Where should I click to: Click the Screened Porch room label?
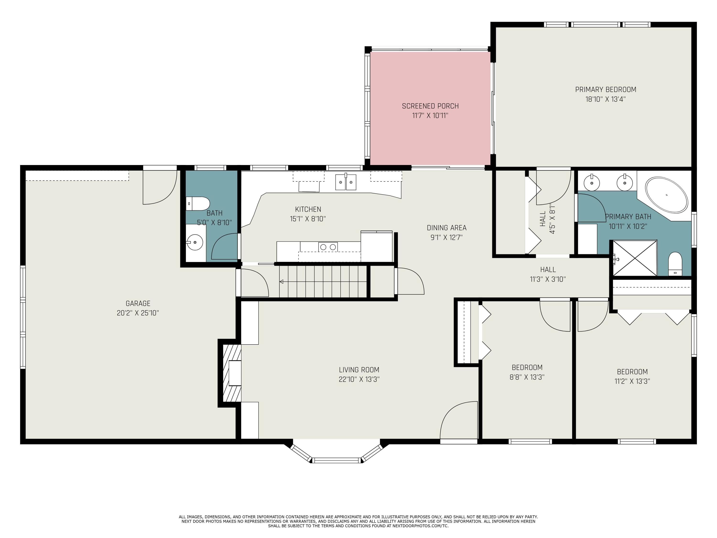click(x=430, y=106)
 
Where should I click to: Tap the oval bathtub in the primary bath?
click(x=666, y=195)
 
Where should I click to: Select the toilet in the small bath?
click(x=198, y=204)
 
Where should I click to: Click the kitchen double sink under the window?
click(x=346, y=182)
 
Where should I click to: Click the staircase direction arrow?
click(x=281, y=281)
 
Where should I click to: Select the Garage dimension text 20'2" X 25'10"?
click(x=138, y=313)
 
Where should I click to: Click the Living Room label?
click(x=359, y=370)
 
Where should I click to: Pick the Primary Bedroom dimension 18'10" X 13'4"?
click(x=605, y=99)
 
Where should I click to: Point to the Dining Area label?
click(x=447, y=228)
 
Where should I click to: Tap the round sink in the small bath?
click(x=195, y=242)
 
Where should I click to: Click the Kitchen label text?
click(x=308, y=209)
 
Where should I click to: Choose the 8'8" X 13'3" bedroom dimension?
click(x=527, y=377)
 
